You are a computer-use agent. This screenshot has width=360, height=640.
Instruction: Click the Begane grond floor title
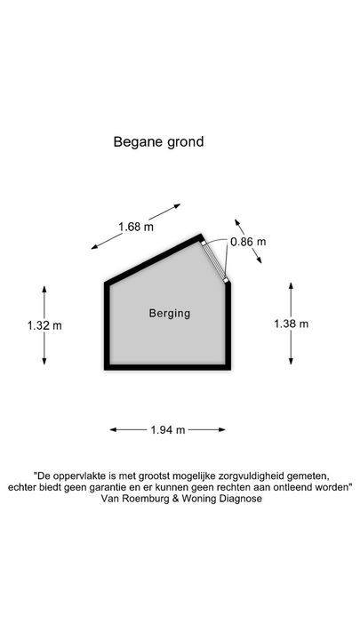coord(158,142)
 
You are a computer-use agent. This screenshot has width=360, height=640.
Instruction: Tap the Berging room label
coord(170,314)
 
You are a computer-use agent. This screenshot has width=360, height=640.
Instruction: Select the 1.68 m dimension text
coord(136,227)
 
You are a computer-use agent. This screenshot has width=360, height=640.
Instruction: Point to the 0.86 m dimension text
coord(248,242)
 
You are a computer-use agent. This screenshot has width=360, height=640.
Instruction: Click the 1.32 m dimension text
coord(44,325)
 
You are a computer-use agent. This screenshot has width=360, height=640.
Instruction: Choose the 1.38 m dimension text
coord(291,324)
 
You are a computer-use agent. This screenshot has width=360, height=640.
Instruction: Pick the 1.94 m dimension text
coord(168,429)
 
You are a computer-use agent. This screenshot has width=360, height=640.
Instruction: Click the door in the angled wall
coord(214,260)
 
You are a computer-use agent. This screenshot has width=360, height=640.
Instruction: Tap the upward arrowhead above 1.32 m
coord(44,289)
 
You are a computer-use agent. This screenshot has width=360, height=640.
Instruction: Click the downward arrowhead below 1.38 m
coord(291,361)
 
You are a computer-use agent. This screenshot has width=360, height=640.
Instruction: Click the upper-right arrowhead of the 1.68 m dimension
coord(177,205)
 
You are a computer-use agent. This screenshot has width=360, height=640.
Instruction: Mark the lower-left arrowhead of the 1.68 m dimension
coord(95,246)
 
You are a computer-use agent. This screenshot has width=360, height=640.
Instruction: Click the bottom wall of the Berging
coord(168,367)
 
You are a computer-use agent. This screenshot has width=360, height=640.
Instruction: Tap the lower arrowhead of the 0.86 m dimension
coord(259,260)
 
